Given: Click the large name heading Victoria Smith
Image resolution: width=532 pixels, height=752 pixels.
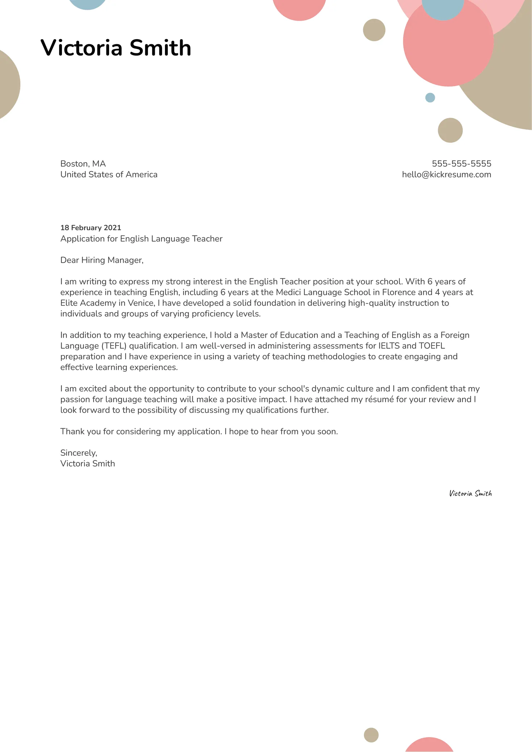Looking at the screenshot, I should tap(116, 47).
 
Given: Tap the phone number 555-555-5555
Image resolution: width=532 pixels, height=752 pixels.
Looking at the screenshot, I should tap(461, 163).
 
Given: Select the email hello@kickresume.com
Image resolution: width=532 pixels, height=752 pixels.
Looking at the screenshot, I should tap(446, 174).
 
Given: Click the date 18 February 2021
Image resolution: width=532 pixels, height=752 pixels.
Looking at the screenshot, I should tap(91, 227).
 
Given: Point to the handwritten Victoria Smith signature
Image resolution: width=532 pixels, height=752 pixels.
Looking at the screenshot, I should tap(470, 493).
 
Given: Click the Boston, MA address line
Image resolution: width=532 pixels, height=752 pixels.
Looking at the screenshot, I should tap(83, 163).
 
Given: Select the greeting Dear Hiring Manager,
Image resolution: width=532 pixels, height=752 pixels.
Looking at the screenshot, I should tap(102, 260).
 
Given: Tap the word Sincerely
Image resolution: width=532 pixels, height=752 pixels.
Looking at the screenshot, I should tap(78, 453).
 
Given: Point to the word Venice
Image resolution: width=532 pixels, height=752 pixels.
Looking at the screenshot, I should tap(141, 303).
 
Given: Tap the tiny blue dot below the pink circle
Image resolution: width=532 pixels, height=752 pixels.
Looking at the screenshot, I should tap(430, 97).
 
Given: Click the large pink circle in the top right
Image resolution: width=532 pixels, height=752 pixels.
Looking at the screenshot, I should tap(448, 47).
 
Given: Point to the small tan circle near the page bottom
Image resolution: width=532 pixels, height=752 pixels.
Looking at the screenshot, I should tap(371, 735).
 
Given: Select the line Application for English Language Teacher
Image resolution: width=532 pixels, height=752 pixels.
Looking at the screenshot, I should tap(141, 239).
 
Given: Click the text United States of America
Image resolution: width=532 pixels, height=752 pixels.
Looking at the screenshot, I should tap(109, 174).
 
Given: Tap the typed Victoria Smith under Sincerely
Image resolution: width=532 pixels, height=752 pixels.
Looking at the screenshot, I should tap(87, 464).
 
